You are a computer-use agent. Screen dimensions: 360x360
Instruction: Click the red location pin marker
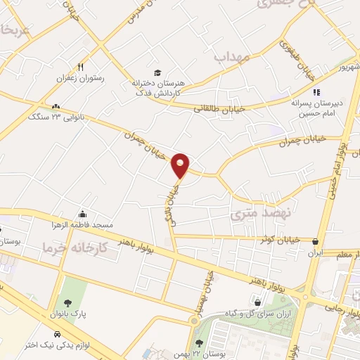click(181, 166)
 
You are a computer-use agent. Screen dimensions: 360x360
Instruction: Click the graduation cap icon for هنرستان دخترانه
click(157, 72)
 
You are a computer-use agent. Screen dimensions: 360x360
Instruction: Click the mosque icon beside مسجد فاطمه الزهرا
click(83, 214)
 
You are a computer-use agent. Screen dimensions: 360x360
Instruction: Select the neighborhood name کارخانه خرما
click(75, 247)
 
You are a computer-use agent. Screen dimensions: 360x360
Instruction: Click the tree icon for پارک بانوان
click(67, 303)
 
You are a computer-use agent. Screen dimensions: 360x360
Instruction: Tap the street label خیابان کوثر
click(278, 239)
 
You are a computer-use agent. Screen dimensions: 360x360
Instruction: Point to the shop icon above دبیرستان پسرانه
click(316, 91)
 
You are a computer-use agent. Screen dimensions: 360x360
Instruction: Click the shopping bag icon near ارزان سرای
click(258, 302)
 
